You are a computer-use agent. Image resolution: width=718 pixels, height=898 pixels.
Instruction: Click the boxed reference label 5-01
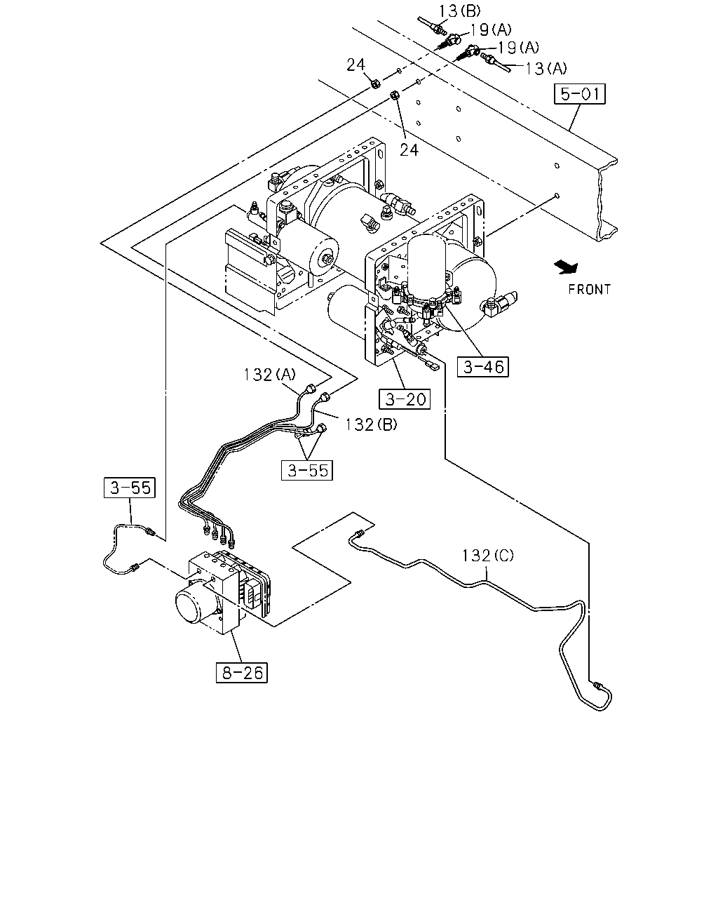[579, 94]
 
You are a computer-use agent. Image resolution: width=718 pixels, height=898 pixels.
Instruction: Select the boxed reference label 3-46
[482, 367]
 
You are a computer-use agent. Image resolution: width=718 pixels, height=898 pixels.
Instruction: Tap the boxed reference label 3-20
[405, 399]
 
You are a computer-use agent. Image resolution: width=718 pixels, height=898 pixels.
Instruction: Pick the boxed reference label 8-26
[242, 673]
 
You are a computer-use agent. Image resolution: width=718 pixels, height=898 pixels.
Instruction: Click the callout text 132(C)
[487, 556]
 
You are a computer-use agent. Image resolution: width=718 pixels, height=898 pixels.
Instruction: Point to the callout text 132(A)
[269, 375]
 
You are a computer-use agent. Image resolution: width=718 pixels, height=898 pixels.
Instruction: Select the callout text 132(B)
[371, 424]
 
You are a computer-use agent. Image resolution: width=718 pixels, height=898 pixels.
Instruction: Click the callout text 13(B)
[459, 11]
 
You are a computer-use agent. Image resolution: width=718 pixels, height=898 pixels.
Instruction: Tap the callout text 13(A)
[546, 68]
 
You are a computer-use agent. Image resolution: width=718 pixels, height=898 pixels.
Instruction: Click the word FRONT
[589, 289]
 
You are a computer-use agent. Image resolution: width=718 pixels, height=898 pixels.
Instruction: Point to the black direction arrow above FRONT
[566, 267]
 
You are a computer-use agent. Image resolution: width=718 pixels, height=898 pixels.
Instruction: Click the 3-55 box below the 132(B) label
[306, 470]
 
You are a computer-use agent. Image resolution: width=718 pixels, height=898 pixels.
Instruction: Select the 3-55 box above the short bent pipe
[129, 488]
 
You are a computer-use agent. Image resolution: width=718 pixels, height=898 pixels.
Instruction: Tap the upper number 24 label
[356, 65]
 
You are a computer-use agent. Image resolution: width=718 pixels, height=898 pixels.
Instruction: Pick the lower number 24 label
[409, 150]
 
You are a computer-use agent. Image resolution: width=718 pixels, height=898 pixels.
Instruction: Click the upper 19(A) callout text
[491, 29]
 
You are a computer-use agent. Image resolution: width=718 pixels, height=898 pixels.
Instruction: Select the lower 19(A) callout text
[519, 48]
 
